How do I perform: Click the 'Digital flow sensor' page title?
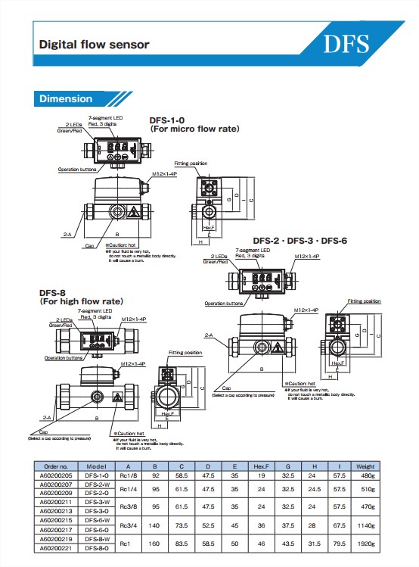pyautogui.click(x=94, y=44)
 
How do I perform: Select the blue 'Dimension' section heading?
pyautogui.click(x=66, y=98)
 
